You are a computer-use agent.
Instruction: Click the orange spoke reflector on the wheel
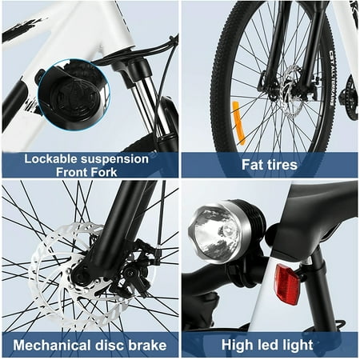tap(238, 123)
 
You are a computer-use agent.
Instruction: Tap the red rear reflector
tap(288, 285)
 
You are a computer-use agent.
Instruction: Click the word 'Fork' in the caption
tap(103, 172)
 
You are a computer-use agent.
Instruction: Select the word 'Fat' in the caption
tap(252, 164)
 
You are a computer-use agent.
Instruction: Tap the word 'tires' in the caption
tap(281, 165)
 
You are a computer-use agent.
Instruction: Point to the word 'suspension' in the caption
tap(114, 159)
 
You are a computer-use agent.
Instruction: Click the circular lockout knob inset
tap(74, 95)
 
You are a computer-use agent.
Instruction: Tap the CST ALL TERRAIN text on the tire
tap(332, 78)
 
